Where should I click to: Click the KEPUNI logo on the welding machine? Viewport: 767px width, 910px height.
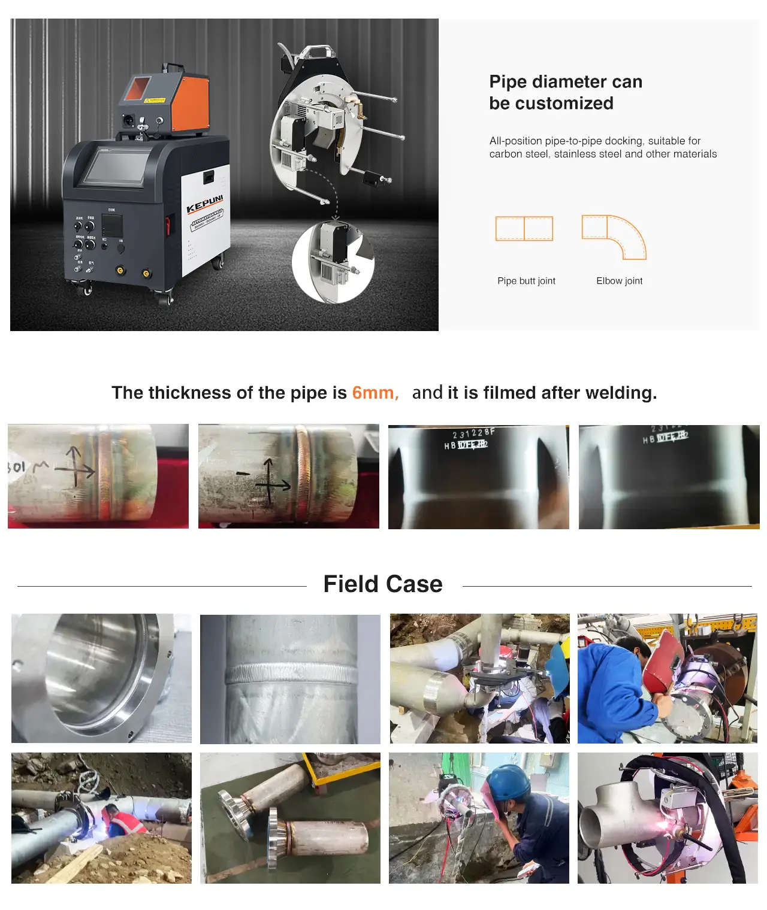tap(204, 204)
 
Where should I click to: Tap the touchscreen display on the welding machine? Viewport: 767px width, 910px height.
tap(117, 167)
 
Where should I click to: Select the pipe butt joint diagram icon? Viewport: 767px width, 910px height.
tap(524, 229)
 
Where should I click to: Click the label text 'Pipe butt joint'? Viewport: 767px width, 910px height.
tap(526, 281)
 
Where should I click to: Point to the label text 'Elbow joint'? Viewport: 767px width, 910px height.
tap(619, 281)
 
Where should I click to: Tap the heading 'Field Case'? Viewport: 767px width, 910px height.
tap(383, 584)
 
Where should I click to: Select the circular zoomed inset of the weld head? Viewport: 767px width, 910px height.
tap(333, 262)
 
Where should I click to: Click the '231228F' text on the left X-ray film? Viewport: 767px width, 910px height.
tap(473, 433)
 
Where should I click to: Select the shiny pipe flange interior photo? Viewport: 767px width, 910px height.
tap(101, 678)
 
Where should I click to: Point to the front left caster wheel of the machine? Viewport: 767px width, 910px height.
tap(86, 290)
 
